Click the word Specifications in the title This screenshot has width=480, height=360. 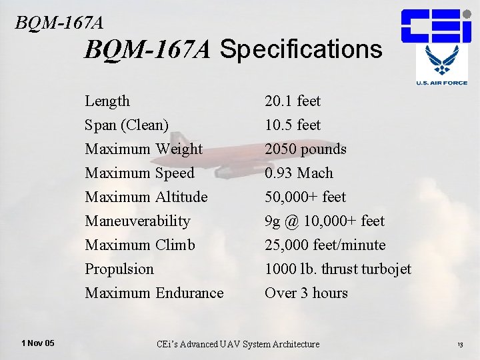[301, 49]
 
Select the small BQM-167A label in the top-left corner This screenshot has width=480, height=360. [59, 23]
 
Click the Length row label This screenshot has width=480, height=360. [107, 101]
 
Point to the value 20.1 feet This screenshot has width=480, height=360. [293, 101]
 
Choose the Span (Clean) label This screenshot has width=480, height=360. [127, 125]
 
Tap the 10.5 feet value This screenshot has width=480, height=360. [293, 125]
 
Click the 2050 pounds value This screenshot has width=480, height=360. [305, 149]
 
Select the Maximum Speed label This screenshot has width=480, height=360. [139, 173]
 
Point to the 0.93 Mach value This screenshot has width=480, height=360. [299, 173]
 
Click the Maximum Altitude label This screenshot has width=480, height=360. [146, 197]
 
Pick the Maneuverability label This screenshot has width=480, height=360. [137, 221]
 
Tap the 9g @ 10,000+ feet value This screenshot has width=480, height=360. [325, 221]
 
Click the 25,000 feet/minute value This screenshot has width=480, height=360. [325, 245]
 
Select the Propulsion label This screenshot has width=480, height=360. [119, 269]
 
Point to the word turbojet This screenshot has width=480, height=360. [386, 269]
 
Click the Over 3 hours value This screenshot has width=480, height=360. [306, 293]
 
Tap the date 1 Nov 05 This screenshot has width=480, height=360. [38, 343]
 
